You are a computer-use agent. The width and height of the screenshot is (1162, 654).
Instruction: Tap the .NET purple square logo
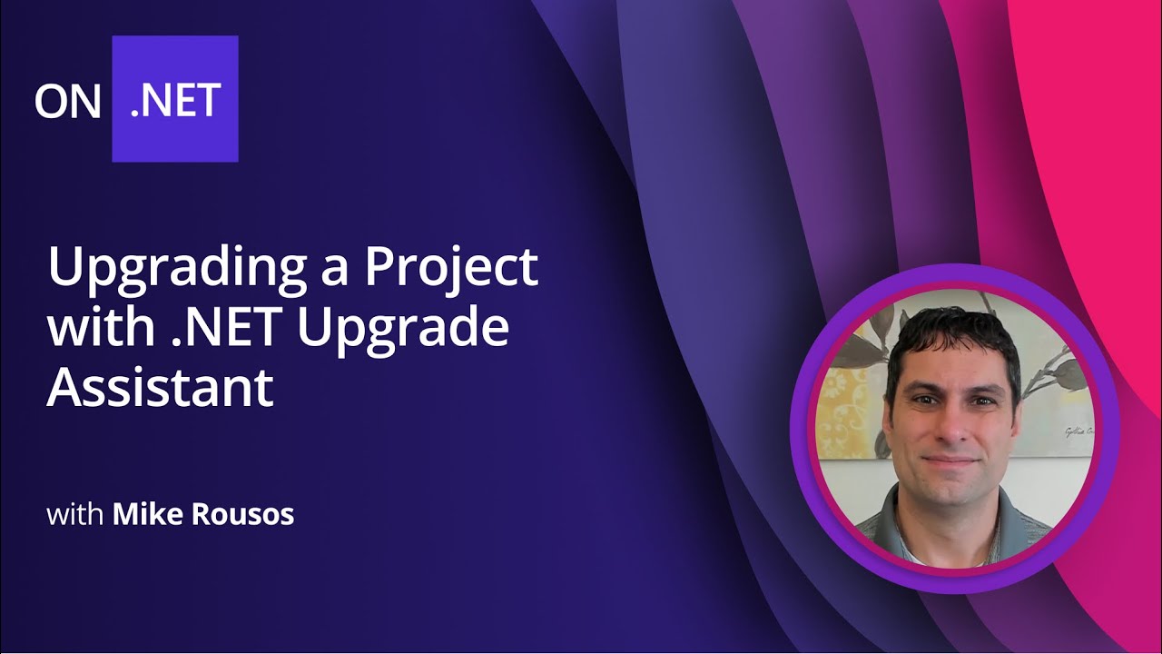(x=175, y=99)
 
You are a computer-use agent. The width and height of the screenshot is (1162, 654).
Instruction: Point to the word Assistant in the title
(x=160, y=387)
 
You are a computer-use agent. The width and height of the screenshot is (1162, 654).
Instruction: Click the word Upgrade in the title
(x=403, y=329)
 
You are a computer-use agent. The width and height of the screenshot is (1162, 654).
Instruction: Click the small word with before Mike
(x=75, y=515)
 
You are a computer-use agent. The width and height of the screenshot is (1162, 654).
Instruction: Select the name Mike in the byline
(x=144, y=515)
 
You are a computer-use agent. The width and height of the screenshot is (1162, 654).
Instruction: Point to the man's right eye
(x=924, y=400)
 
